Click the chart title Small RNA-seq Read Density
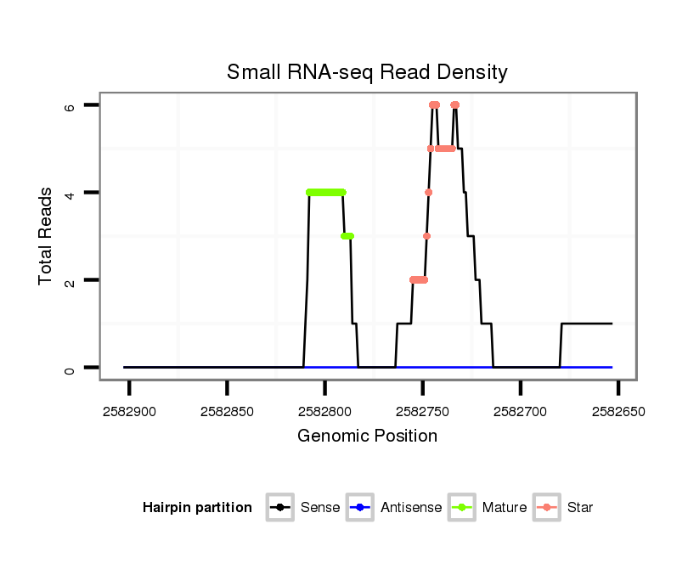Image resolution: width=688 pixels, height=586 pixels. [367, 72]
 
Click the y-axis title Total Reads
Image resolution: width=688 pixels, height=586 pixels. [47, 236]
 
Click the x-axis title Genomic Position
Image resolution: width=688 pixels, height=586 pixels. [367, 437]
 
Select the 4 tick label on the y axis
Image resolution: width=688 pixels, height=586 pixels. [70, 193]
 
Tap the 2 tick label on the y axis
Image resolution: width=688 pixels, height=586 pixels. [70, 280]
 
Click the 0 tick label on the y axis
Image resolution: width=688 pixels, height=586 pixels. [70, 368]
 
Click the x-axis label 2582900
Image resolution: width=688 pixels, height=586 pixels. [130, 412]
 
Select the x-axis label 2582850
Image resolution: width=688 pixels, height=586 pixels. [228, 412]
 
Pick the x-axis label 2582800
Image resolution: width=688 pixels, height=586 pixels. [325, 412]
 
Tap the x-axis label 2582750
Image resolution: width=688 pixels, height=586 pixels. [423, 412]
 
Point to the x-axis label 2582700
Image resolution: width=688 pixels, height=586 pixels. [521, 412]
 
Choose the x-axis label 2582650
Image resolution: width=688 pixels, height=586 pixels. [618, 412]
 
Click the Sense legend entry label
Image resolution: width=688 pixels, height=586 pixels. [320, 508]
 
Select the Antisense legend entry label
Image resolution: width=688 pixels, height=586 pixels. [411, 508]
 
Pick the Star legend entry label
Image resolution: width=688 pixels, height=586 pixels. [580, 508]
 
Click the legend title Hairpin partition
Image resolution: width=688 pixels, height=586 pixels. [197, 508]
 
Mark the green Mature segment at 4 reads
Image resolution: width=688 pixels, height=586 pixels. [326, 193]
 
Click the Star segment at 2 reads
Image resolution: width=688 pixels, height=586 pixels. [418, 279]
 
